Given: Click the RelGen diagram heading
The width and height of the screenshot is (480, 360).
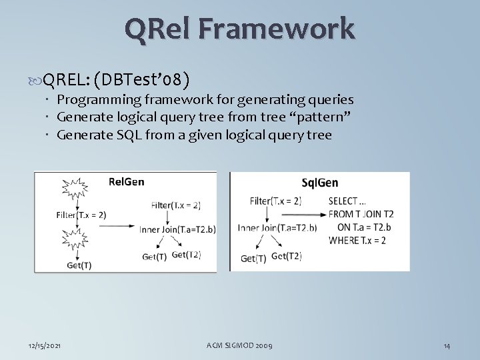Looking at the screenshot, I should pyautogui.click(x=126, y=181).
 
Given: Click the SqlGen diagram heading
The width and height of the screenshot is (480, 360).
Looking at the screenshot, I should pyautogui.click(x=319, y=183).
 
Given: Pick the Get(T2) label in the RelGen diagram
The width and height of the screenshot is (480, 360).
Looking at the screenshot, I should pyautogui.click(x=187, y=255).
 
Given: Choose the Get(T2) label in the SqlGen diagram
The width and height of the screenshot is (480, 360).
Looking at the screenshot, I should pyautogui.click(x=286, y=256).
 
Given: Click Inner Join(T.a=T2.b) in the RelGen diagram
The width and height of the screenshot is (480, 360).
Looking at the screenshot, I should pyautogui.click(x=177, y=229).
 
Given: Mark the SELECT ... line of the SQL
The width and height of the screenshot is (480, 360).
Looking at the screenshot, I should pyautogui.click(x=347, y=201).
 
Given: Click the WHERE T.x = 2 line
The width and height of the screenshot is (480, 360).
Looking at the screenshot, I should pyautogui.click(x=357, y=240).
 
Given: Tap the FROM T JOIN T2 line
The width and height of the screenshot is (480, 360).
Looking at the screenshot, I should pyautogui.click(x=361, y=214).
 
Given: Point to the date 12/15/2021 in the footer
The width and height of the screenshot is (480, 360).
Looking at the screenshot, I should pyautogui.click(x=46, y=345).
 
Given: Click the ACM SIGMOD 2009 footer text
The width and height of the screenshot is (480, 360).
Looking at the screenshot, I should pyautogui.click(x=239, y=345).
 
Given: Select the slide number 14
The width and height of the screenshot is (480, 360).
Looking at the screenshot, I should pyautogui.click(x=447, y=345).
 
